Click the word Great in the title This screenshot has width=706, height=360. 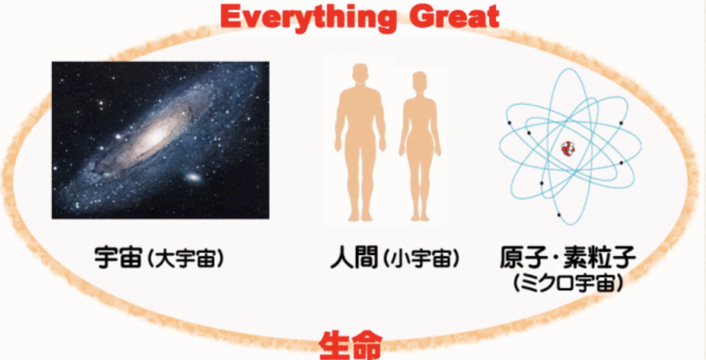click(x=454, y=17)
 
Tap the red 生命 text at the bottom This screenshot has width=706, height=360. click(x=351, y=345)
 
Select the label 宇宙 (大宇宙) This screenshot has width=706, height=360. click(x=159, y=258)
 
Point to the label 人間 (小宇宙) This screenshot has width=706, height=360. click(x=395, y=258)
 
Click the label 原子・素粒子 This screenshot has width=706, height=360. click(x=568, y=257)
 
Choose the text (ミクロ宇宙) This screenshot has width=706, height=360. click(x=568, y=283)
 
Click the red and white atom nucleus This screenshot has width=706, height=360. click(x=568, y=149)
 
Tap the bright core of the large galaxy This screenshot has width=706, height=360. click(x=155, y=136)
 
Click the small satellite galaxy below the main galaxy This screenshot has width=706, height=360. click(x=193, y=177)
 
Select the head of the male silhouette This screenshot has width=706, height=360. click(x=360, y=73)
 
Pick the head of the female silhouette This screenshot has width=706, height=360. click(x=419, y=81)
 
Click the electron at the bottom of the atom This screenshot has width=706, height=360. click(x=559, y=215)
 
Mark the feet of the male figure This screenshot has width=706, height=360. click(x=360, y=216)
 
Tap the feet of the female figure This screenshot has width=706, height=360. click(x=420, y=217)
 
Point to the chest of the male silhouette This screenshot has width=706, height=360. click(x=360, y=101)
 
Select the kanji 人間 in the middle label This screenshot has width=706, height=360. click(x=354, y=258)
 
